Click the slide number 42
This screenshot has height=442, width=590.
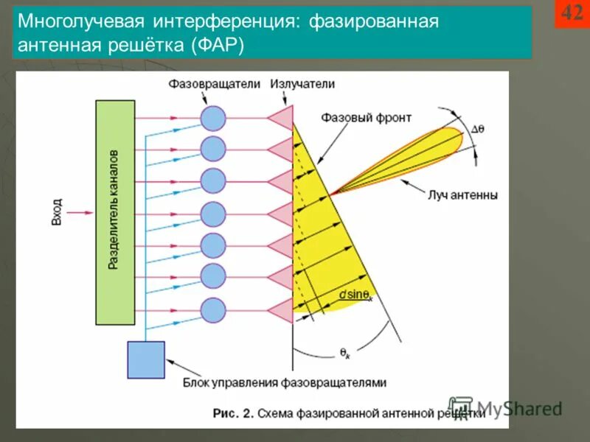[x=572, y=13]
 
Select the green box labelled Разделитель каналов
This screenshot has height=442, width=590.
[x=115, y=212]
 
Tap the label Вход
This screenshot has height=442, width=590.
[x=58, y=212]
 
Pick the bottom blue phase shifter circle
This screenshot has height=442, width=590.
[x=213, y=310]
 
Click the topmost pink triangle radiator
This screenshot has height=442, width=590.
[x=281, y=118]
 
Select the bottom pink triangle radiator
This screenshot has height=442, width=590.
[x=281, y=310]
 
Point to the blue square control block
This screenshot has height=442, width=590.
[x=146, y=359]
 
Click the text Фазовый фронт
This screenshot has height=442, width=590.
[x=367, y=117]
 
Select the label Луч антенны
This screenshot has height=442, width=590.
[x=462, y=196]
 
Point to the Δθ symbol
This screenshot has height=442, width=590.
[x=477, y=128]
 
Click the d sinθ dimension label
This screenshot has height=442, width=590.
[x=355, y=295]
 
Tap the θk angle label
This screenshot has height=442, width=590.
[x=345, y=354]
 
